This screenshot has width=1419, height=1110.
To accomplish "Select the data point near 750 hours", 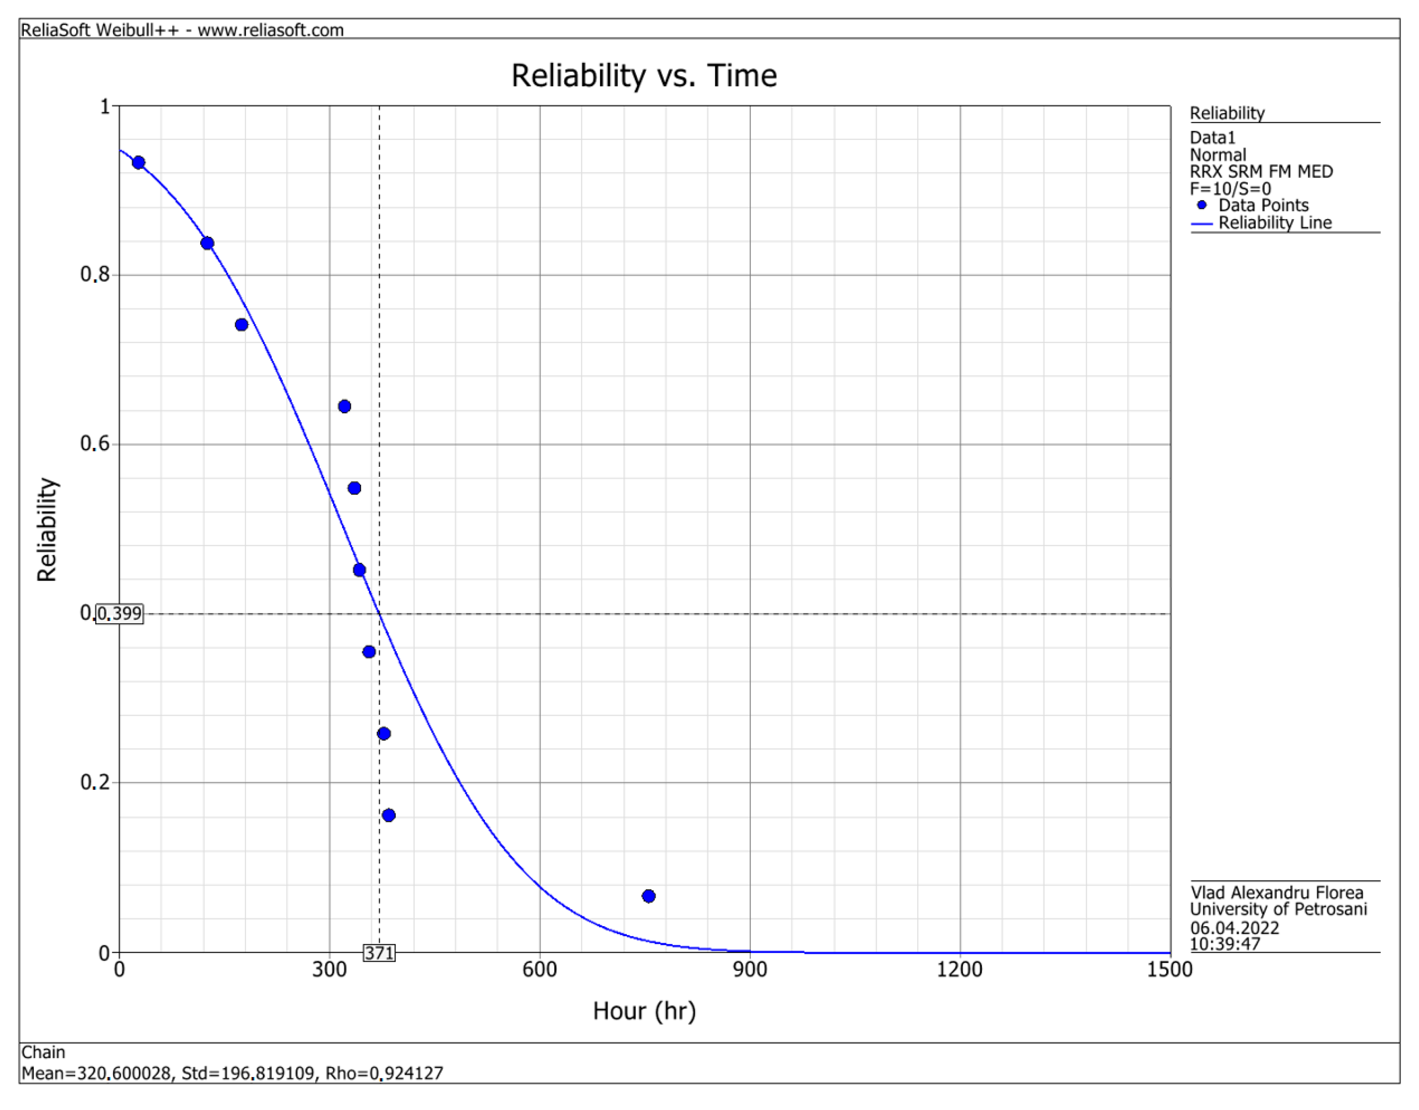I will [648, 896].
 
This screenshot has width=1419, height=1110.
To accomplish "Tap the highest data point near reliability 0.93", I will [139, 162].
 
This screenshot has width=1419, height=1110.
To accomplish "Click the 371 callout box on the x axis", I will [379, 953].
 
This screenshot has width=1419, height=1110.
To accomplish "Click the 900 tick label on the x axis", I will [750, 970].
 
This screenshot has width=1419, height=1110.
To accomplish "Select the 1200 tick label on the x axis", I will [959, 970].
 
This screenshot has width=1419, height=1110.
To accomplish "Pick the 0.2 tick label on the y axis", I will [95, 782].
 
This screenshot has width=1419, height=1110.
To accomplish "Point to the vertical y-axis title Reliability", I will [47, 530].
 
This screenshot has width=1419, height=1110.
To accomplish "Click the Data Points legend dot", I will [1202, 205].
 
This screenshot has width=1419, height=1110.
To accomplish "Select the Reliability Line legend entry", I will [1274, 223].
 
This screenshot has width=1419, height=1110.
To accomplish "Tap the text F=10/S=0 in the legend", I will [1230, 188].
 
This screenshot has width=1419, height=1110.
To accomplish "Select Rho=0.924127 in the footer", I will [384, 1073].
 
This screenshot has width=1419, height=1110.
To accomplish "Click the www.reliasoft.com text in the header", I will [270, 30].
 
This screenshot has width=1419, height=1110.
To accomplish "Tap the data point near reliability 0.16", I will [389, 815].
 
